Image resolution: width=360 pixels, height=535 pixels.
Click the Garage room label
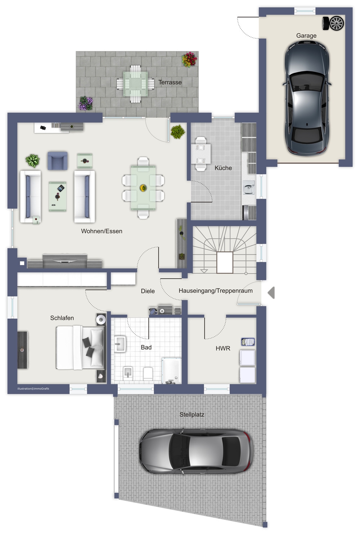pyautogui.click(x=306, y=36)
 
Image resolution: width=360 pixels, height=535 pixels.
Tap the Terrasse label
pyautogui.click(x=170, y=82)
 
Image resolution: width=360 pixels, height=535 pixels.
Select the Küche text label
pyautogui.click(x=223, y=168)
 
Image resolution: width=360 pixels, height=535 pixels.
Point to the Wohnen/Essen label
pyautogui.click(x=102, y=231)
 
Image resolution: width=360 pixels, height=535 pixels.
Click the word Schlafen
pyautogui.click(x=62, y=318)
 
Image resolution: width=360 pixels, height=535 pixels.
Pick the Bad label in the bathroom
pyautogui.click(x=146, y=347)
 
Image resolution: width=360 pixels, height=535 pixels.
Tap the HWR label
pyautogui.click(x=223, y=348)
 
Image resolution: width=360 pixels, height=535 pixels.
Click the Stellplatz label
pyautogui.click(x=192, y=415)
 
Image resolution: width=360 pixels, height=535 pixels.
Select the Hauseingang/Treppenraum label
pyautogui.click(x=216, y=291)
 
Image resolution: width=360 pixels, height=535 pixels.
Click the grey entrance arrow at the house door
pyautogui.click(x=271, y=293)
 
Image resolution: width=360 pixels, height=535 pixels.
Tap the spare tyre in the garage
pyautogui.click(x=333, y=23)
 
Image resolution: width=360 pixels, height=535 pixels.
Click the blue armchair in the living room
pyautogui.click(x=57, y=161)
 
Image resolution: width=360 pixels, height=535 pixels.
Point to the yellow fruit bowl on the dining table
pyautogui.click(x=143, y=188)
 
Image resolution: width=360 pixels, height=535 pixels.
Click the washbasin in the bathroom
pyautogui.click(x=120, y=344)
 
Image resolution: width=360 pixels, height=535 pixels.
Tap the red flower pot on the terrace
pyautogui.click(x=189, y=59)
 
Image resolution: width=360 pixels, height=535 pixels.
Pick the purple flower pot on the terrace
pyautogui.click(x=86, y=103)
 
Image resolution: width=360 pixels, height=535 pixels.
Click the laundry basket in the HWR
pyautogui.click(x=248, y=342)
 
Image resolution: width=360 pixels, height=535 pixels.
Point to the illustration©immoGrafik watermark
pyautogui.click(x=33, y=388)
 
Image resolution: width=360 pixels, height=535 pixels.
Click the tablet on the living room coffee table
pyautogui.click(x=61, y=188)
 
